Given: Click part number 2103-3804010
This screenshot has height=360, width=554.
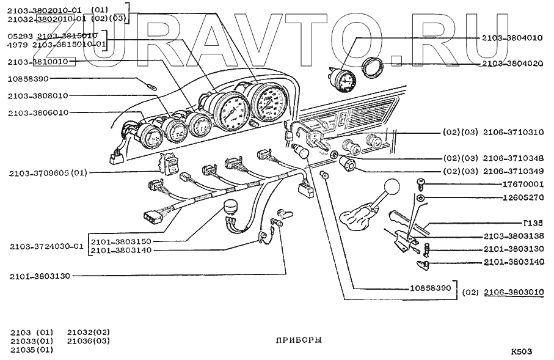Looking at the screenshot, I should click(512, 37).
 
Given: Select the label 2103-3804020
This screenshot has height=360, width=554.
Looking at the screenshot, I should click(512, 63).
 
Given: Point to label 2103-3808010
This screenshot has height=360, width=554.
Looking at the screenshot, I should click(38, 95).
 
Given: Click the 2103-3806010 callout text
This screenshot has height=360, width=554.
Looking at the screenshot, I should click(38, 112).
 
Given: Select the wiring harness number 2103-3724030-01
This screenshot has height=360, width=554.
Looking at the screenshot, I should click(46, 247).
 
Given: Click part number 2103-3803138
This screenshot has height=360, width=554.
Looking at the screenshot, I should click(512, 236).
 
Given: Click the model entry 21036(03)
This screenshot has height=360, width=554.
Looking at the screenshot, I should click(89, 341).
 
